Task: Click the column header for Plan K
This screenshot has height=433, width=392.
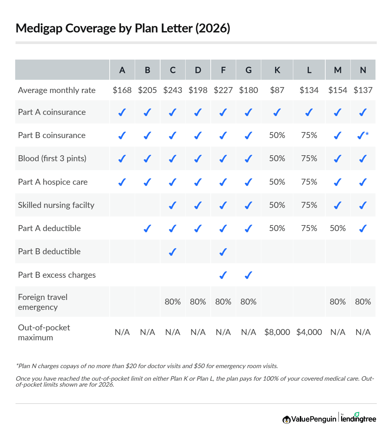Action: coord(277,70)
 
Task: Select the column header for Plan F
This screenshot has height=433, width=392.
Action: coord(223,70)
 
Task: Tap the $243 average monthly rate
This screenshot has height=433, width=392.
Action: coord(173,90)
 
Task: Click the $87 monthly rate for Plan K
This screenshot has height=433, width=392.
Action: coord(277,90)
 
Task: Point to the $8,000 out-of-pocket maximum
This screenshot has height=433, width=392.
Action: coord(277,332)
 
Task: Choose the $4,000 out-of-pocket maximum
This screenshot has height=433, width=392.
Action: coord(309,332)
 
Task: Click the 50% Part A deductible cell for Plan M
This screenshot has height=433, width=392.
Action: coord(338,228)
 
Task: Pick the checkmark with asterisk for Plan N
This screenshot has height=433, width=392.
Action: coord(363,135)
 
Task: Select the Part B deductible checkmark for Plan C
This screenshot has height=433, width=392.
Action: coord(172,252)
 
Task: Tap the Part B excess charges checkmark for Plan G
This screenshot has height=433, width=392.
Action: coord(248,275)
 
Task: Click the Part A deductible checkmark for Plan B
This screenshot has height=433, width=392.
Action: coord(147,228)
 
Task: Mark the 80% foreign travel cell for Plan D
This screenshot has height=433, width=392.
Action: coord(198,302)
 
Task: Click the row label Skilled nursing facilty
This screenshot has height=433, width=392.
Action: coord(56,205)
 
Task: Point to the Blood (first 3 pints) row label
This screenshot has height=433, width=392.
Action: coord(52,159)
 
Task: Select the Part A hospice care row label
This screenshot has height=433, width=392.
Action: coord(53,182)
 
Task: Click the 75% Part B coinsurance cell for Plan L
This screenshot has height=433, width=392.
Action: coord(309,135)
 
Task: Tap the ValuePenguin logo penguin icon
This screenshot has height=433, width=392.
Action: coord(286,419)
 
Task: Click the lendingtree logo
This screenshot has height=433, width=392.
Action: coord(358,418)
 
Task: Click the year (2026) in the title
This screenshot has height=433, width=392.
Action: coord(213,28)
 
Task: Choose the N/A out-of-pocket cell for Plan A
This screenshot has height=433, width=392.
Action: coord(122,332)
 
